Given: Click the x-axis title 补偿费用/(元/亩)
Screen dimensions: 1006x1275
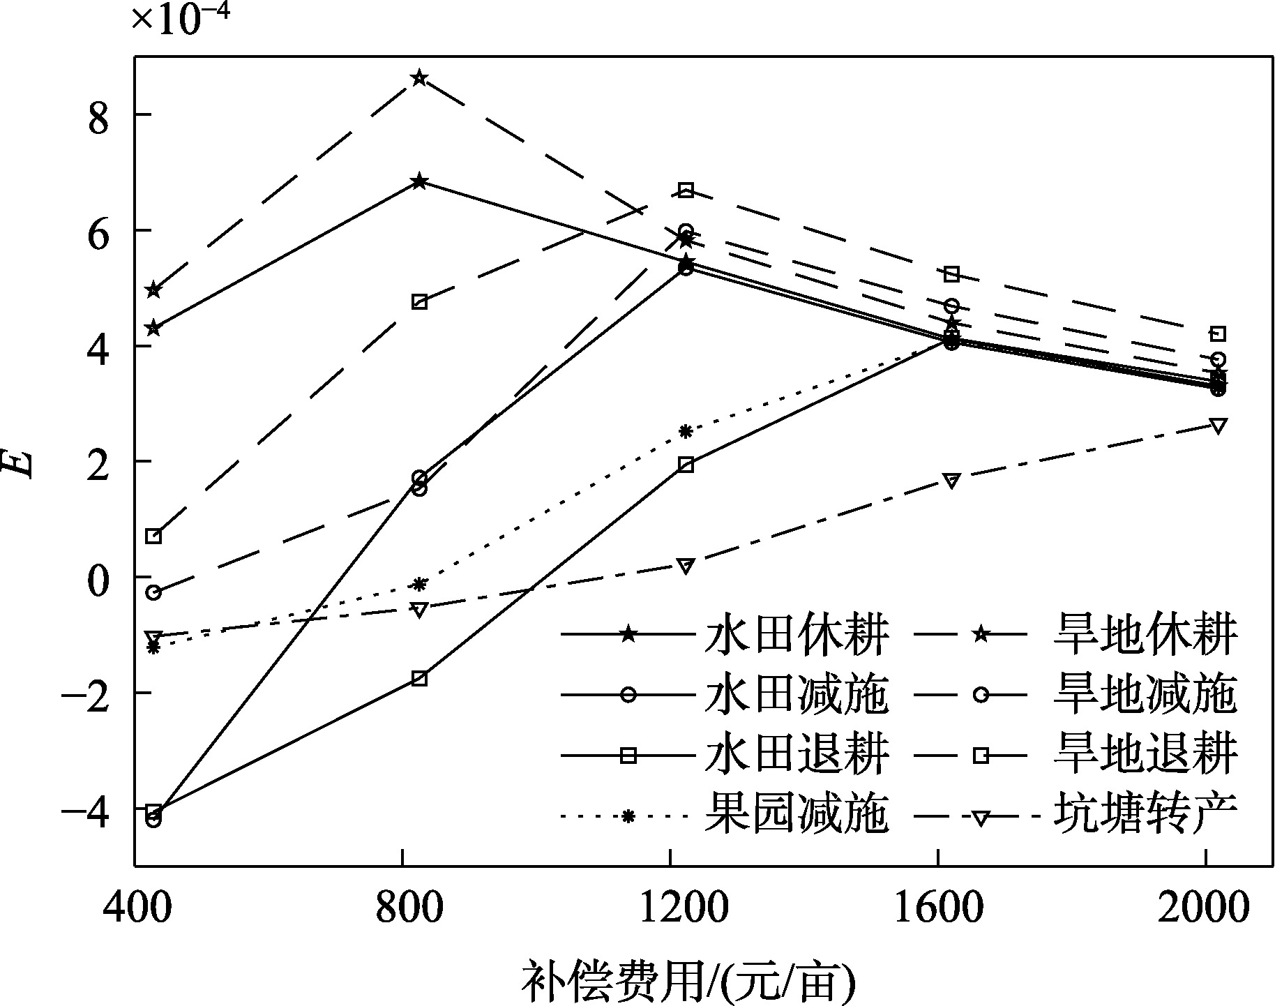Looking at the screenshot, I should click(x=688, y=982).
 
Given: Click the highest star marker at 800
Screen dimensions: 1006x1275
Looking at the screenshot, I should click(x=419, y=77).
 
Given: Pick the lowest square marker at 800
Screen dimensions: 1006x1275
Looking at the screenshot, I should click(x=419, y=678).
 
